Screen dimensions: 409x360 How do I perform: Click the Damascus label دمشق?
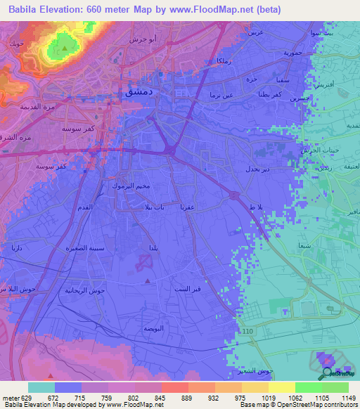[135, 92]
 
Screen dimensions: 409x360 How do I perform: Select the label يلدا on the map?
[153, 249]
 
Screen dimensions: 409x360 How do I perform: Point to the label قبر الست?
[187, 289]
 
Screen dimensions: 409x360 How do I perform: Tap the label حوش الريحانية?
[88, 290]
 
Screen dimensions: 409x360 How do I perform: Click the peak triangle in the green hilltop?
[65, 48]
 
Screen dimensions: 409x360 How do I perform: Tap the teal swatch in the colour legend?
[41, 387]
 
